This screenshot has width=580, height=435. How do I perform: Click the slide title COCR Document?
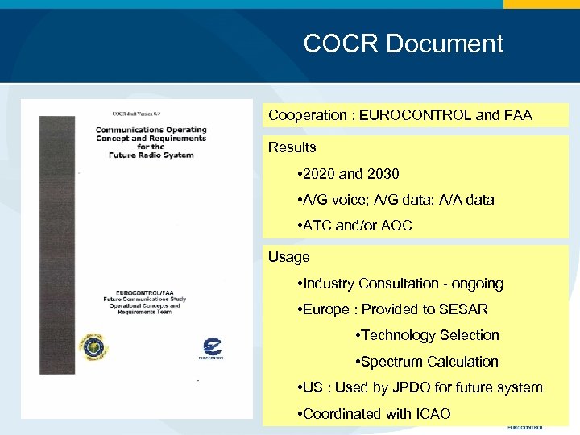coord(403,43)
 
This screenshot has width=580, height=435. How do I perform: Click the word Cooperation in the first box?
coord(304,115)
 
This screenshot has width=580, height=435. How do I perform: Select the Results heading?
coord(292,147)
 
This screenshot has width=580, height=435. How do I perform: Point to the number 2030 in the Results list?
coord(383,173)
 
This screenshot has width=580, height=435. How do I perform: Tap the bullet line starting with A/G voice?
coord(396,200)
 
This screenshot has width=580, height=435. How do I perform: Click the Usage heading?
coord(288,257)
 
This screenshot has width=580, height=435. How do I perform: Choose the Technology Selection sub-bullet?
coord(427,335)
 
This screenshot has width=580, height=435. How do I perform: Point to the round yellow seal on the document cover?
coord(93,348)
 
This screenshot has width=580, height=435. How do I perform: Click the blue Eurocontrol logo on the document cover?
coord(211,347)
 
